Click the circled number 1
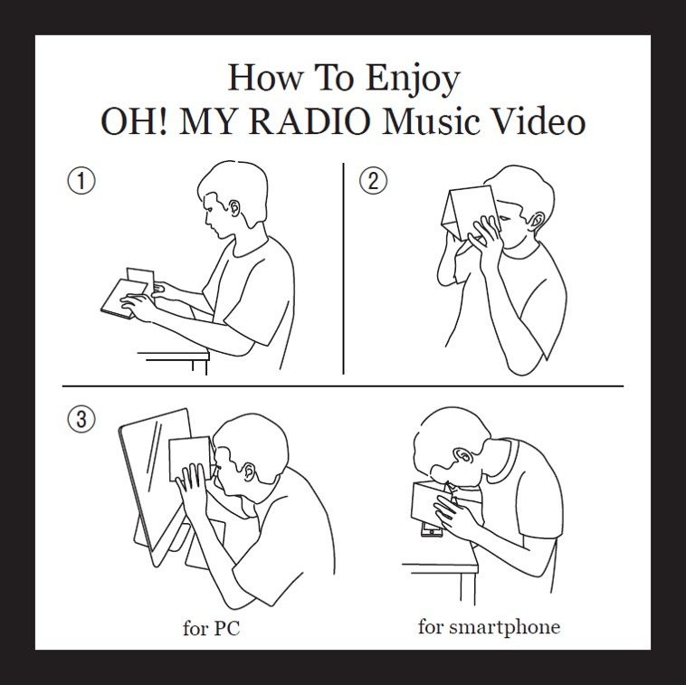point(81,181)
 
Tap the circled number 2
point(373,181)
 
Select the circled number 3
point(81,420)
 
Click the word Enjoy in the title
point(412,79)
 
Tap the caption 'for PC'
point(211,629)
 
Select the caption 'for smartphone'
point(489,627)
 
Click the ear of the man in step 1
point(235,207)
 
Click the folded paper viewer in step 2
point(470,214)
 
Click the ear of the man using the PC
point(249,471)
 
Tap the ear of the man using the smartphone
point(462,456)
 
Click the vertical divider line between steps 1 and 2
point(343,269)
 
